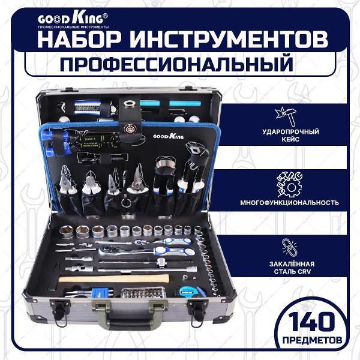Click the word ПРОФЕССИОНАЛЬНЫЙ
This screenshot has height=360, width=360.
pyautogui.click(x=176, y=64)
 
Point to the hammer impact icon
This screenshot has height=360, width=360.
pyautogui.click(x=286, y=116)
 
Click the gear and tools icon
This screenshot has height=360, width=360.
pyautogui.click(x=290, y=185)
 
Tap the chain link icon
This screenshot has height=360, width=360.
pyautogui.click(x=289, y=248)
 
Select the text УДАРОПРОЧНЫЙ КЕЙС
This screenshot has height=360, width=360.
pyautogui.click(x=290, y=135)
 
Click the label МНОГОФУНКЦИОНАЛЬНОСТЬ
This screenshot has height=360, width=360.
pyautogui.click(x=289, y=203)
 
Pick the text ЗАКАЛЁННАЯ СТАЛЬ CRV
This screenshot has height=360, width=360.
pyautogui.click(x=292, y=268)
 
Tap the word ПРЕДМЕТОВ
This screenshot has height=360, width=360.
pyautogui.click(x=312, y=340)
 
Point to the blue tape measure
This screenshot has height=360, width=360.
pyautogui.click(x=190, y=292)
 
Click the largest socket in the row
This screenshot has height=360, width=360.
pyautogui.click(x=66, y=232)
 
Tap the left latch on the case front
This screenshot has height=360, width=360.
pyautogui.click(x=59, y=310)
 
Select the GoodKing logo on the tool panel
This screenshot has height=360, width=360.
pyautogui.click(x=169, y=136)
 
